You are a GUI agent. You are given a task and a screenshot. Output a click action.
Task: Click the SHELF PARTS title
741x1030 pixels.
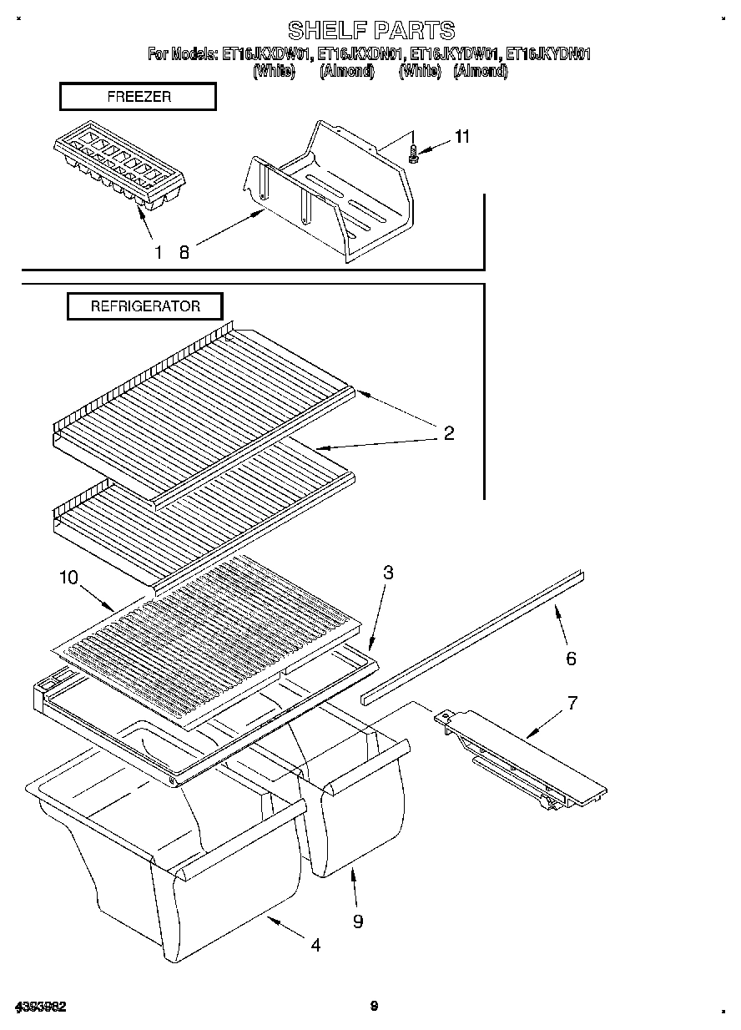click(x=370, y=31)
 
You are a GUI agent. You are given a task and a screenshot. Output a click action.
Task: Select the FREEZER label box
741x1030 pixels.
click(x=138, y=97)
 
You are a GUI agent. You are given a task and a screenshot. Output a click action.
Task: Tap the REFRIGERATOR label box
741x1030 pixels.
click(x=145, y=306)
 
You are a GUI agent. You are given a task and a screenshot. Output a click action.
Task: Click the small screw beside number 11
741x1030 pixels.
click(x=413, y=154)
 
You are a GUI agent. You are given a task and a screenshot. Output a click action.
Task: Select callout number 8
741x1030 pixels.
click(x=184, y=252)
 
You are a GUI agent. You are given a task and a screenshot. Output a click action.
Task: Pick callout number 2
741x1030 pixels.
click(x=448, y=433)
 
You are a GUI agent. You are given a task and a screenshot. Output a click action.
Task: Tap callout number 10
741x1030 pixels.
click(x=68, y=577)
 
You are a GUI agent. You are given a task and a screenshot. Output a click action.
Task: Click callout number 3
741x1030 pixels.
click(x=388, y=573)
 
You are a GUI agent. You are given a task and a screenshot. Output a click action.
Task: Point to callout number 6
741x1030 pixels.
click(x=571, y=659)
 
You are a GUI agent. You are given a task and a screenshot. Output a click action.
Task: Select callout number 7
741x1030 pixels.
click(x=572, y=702)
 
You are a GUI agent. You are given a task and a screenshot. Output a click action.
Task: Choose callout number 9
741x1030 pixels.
click(x=357, y=921)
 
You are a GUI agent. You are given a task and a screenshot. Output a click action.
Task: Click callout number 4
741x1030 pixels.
click(x=315, y=945)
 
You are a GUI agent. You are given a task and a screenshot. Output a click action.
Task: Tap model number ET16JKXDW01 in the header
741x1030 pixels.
click(x=267, y=55)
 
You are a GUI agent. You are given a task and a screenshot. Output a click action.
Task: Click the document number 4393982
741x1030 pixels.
click(x=40, y=1007)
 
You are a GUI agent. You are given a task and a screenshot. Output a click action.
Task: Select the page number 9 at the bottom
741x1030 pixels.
click(x=374, y=1007)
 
